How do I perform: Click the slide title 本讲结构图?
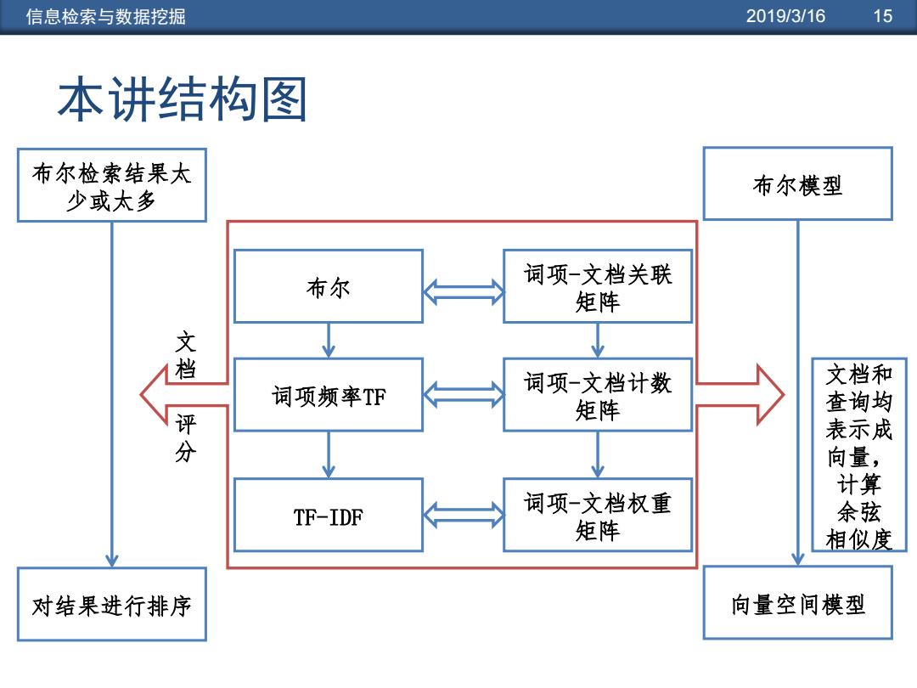183,99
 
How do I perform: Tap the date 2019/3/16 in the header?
785,16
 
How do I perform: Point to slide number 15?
882,16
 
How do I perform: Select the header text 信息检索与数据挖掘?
106,16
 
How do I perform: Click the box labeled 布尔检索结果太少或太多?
112,185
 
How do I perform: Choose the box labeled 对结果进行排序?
112,605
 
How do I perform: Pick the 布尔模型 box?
797,183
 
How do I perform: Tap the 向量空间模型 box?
797,602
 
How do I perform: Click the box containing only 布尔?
329,287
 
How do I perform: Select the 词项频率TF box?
329,395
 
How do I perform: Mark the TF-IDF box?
329,515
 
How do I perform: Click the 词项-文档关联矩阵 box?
598,287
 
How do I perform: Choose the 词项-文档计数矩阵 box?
598,395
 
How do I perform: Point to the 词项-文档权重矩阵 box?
598,515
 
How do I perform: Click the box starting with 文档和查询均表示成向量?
859,454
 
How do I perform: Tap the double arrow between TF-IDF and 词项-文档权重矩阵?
464,515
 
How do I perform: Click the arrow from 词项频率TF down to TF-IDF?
329,454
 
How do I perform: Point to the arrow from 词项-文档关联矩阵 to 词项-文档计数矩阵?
598,341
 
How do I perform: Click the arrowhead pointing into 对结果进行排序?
112,561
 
